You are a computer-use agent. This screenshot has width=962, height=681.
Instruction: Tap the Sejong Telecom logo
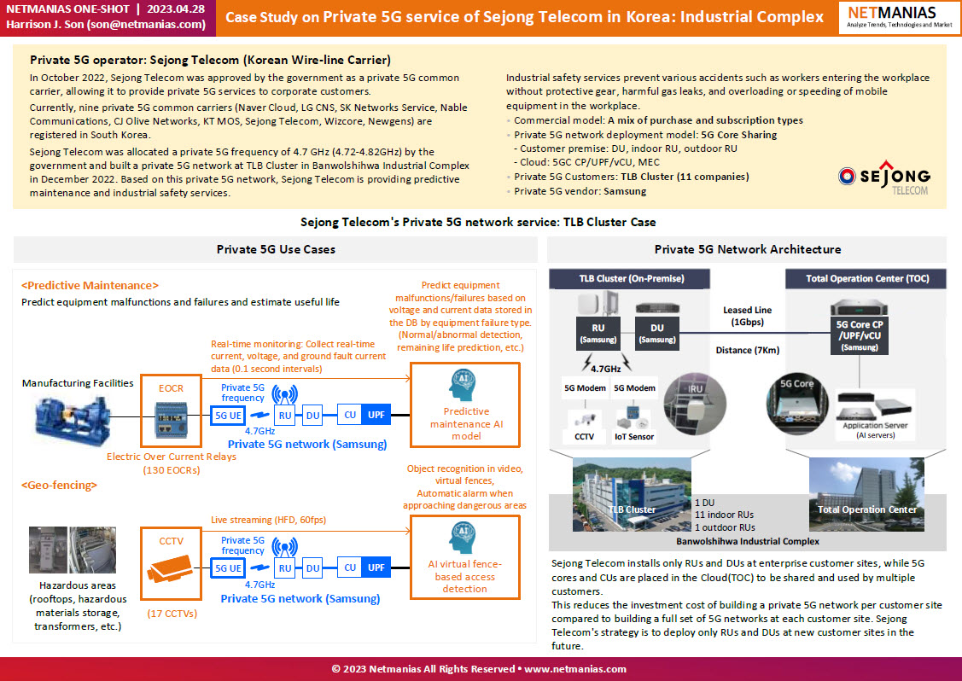coord(884,178)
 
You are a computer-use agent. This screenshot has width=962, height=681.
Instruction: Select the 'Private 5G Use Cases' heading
coord(276,250)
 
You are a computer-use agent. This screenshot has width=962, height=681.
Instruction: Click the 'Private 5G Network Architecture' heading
coord(747,250)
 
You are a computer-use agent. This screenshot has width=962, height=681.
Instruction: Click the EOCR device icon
coord(172,420)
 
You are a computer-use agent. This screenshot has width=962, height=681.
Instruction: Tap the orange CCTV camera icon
coord(170,569)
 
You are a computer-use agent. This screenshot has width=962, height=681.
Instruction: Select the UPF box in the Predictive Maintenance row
coord(376,415)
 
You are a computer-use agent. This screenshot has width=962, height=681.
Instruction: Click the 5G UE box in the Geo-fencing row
coord(228,568)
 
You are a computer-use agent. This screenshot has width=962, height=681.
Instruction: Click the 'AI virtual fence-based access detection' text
coord(465,577)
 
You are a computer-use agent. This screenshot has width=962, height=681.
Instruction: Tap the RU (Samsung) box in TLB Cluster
coord(598,333)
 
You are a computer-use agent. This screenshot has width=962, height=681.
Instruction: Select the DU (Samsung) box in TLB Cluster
coord(657,333)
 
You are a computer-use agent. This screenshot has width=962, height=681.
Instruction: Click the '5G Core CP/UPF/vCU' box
coord(860,335)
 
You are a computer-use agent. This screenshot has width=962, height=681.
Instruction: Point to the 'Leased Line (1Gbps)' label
coord(747,316)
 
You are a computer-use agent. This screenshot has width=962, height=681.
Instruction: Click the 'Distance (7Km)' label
coord(747,351)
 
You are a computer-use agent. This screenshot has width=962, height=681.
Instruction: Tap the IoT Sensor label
coord(634,437)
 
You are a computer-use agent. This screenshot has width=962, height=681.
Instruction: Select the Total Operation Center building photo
coord(866,494)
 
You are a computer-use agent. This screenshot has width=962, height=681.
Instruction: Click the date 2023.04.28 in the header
coord(176,9)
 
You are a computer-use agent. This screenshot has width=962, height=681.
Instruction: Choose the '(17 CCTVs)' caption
coord(172,614)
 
